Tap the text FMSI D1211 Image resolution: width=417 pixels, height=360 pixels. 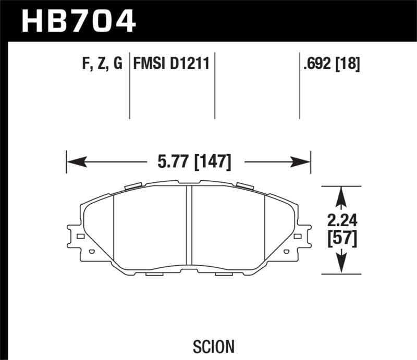171,64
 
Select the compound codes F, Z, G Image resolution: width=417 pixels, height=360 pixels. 102,64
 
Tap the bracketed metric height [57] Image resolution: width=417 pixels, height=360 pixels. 342,238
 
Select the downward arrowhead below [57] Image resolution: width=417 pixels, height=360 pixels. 342,264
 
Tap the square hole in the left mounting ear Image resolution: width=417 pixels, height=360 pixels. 80,237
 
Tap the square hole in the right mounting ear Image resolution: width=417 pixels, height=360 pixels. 299,237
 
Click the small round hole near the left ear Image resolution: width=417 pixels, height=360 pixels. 92,253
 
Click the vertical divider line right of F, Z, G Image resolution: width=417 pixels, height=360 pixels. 129,86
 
